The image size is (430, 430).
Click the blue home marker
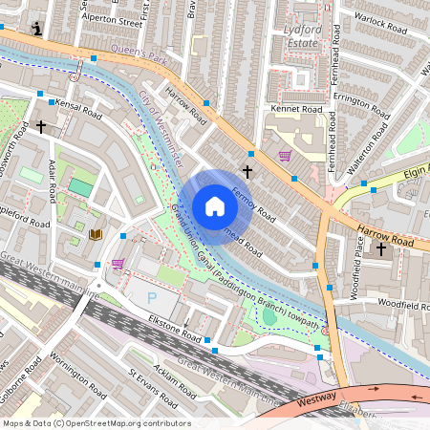(215, 206)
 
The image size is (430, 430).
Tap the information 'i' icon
(37, 30)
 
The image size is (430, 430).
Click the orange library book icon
(95, 234)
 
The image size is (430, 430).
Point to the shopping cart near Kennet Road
(285, 156)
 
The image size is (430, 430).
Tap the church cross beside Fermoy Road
(247, 172)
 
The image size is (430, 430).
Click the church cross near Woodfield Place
(381, 248)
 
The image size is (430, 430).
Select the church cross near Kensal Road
(41, 125)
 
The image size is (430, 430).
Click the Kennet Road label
(297, 110)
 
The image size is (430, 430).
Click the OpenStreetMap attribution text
(97, 423)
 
